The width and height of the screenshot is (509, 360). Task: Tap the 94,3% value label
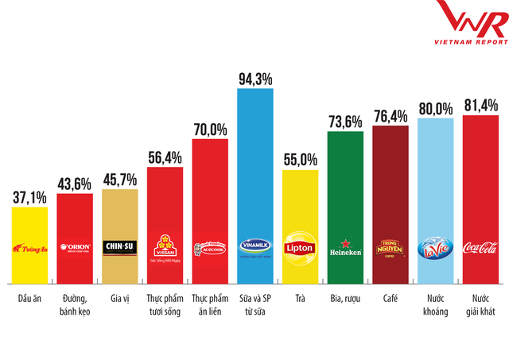click(255, 78)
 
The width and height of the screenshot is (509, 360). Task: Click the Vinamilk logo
click(255, 247)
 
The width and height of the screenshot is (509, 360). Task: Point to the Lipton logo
click(301, 247)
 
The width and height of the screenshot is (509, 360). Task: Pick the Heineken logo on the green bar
click(345, 246)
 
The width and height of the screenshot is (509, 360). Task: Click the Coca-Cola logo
click(480, 247)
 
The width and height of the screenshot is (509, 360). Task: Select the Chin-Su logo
click(120, 246)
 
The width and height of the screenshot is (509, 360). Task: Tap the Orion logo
click(75, 246)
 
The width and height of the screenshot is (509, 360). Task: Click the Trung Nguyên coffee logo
click(390, 246)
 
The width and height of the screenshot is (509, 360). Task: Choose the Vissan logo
click(165, 246)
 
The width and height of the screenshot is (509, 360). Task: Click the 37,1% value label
click(30, 196)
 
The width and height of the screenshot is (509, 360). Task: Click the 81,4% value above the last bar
click(480, 104)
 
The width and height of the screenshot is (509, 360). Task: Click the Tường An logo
click(30, 247)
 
